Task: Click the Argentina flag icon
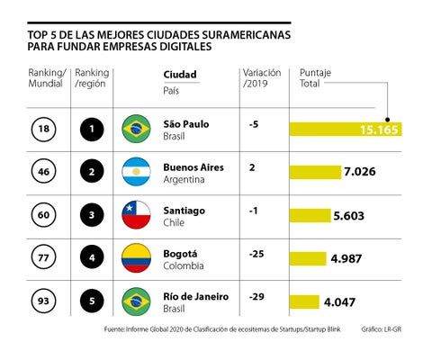pos(136,171)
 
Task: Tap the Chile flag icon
pos(136,215)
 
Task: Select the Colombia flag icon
pos(136,258)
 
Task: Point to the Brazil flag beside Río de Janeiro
pos(136,301)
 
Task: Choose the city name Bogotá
pos(182,253)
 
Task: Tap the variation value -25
pos(256,254)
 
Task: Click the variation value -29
pos(256,296)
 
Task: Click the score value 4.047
pos(342,302)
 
